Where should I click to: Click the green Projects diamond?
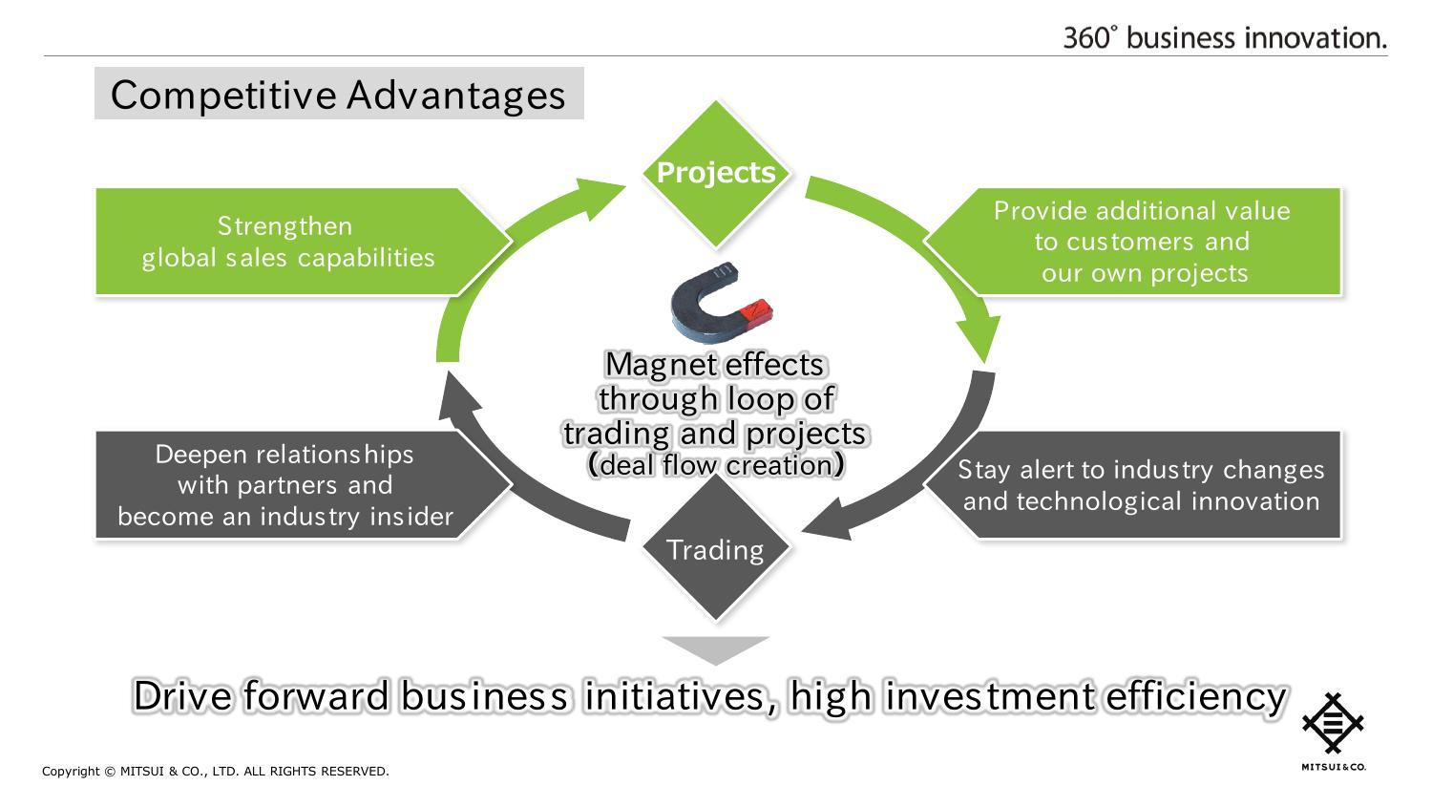point(715,173)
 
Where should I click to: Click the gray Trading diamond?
point(715,549)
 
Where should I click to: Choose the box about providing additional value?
point(1143,242)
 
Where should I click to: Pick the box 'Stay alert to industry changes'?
point(1141,485)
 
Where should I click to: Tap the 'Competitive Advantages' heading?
point(338,95)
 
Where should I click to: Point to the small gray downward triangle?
point(715,649)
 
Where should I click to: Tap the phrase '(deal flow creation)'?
point(715,465)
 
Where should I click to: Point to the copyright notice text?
point(216,772)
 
